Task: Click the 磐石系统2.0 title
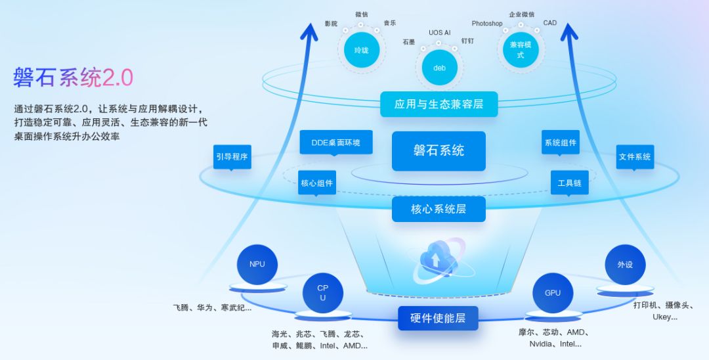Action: (x=74, y=78)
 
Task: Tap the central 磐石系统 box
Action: (x=439, y=150)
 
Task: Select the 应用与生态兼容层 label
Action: (x=439, y=104)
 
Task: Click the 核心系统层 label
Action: (x=439, y=209)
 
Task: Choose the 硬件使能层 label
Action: (x=438, y=318)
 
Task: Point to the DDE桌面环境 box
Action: (x=335, y=143)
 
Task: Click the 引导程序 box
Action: (x=232, y=157)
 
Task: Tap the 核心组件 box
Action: (x=317, y=183)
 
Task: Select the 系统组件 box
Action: (x=560, y=143)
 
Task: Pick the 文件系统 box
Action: (x=635, y=157)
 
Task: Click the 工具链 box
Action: (x=569, y=183)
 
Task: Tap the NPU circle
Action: (x=257, y=264)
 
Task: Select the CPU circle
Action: (x=322, y=293)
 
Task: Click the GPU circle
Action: (x=553, y=293)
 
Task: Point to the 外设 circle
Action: (x=625, y=264)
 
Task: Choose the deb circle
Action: (x=439, y=68)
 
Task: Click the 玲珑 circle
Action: (x=361, y=51)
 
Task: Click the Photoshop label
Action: (x=486, y=24)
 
